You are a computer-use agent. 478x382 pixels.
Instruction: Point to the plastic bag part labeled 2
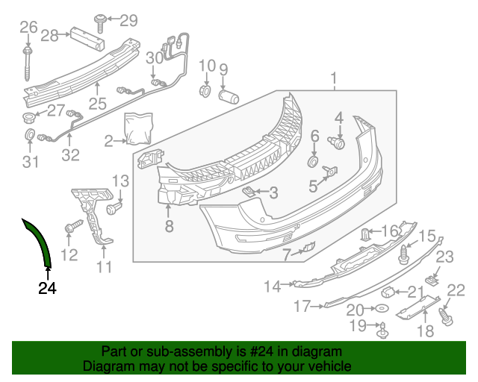[x=138, y=127]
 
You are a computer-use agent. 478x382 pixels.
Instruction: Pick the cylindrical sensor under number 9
[x=228, y=97]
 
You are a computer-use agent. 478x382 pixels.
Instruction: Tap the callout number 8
[x=170, y=226]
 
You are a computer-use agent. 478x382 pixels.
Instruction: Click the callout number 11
[x=104, y=266]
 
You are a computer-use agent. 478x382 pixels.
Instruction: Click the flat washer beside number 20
[x=381, y=309]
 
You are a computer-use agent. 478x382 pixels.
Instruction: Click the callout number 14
[x=273, y=286]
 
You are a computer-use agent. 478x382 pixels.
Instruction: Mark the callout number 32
[x=69, y=155]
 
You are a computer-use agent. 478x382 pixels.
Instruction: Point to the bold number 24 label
[x=47, y=287]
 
